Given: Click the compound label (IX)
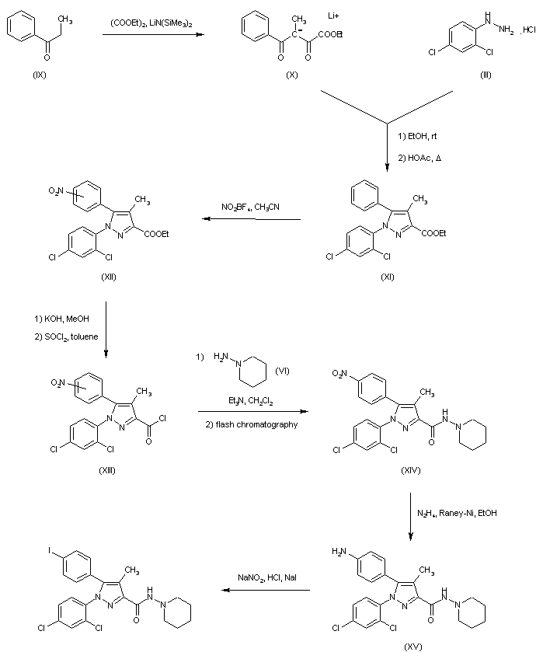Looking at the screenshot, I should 40,75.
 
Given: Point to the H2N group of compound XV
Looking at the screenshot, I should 339,551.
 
